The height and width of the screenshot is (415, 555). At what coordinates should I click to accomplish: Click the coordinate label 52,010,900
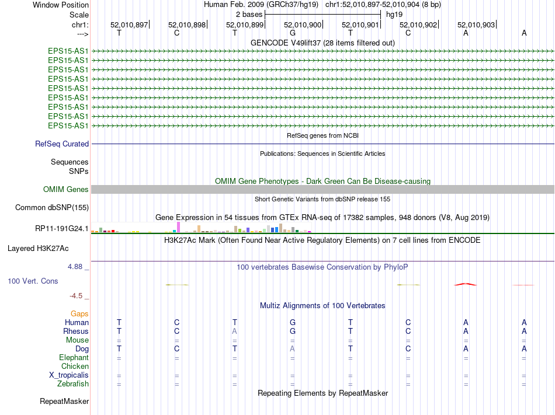(303, 25)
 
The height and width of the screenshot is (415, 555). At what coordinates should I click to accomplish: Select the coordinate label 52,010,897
(129, 25)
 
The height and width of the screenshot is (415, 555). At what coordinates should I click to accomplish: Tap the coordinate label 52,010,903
(476, 25)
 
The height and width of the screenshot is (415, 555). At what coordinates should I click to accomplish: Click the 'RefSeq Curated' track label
(62, 144)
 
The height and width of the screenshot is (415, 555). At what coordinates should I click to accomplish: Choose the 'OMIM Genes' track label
(66, 189)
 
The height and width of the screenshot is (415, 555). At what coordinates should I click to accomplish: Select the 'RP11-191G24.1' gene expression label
(62, 228)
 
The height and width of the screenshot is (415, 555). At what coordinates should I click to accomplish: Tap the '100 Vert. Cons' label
(33, 281)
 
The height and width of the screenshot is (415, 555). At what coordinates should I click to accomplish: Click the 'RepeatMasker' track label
(64, 401)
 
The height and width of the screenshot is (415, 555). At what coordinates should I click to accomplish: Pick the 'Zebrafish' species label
(73, 383)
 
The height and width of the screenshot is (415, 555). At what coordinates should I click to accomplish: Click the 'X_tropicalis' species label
(69, 375)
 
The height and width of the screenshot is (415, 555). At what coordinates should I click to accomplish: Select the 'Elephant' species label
(74, 357)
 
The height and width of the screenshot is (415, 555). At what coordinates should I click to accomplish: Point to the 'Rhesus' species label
(76, 331)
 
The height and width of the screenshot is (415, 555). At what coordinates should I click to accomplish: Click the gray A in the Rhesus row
(235, 331)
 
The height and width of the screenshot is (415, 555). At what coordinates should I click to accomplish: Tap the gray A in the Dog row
(293, 348)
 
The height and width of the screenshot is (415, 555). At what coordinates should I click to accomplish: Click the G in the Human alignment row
(293, 322)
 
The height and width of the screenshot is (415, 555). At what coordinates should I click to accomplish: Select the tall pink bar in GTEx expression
(178, 227)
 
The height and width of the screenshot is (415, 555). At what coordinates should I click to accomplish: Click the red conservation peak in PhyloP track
(466, 284)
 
